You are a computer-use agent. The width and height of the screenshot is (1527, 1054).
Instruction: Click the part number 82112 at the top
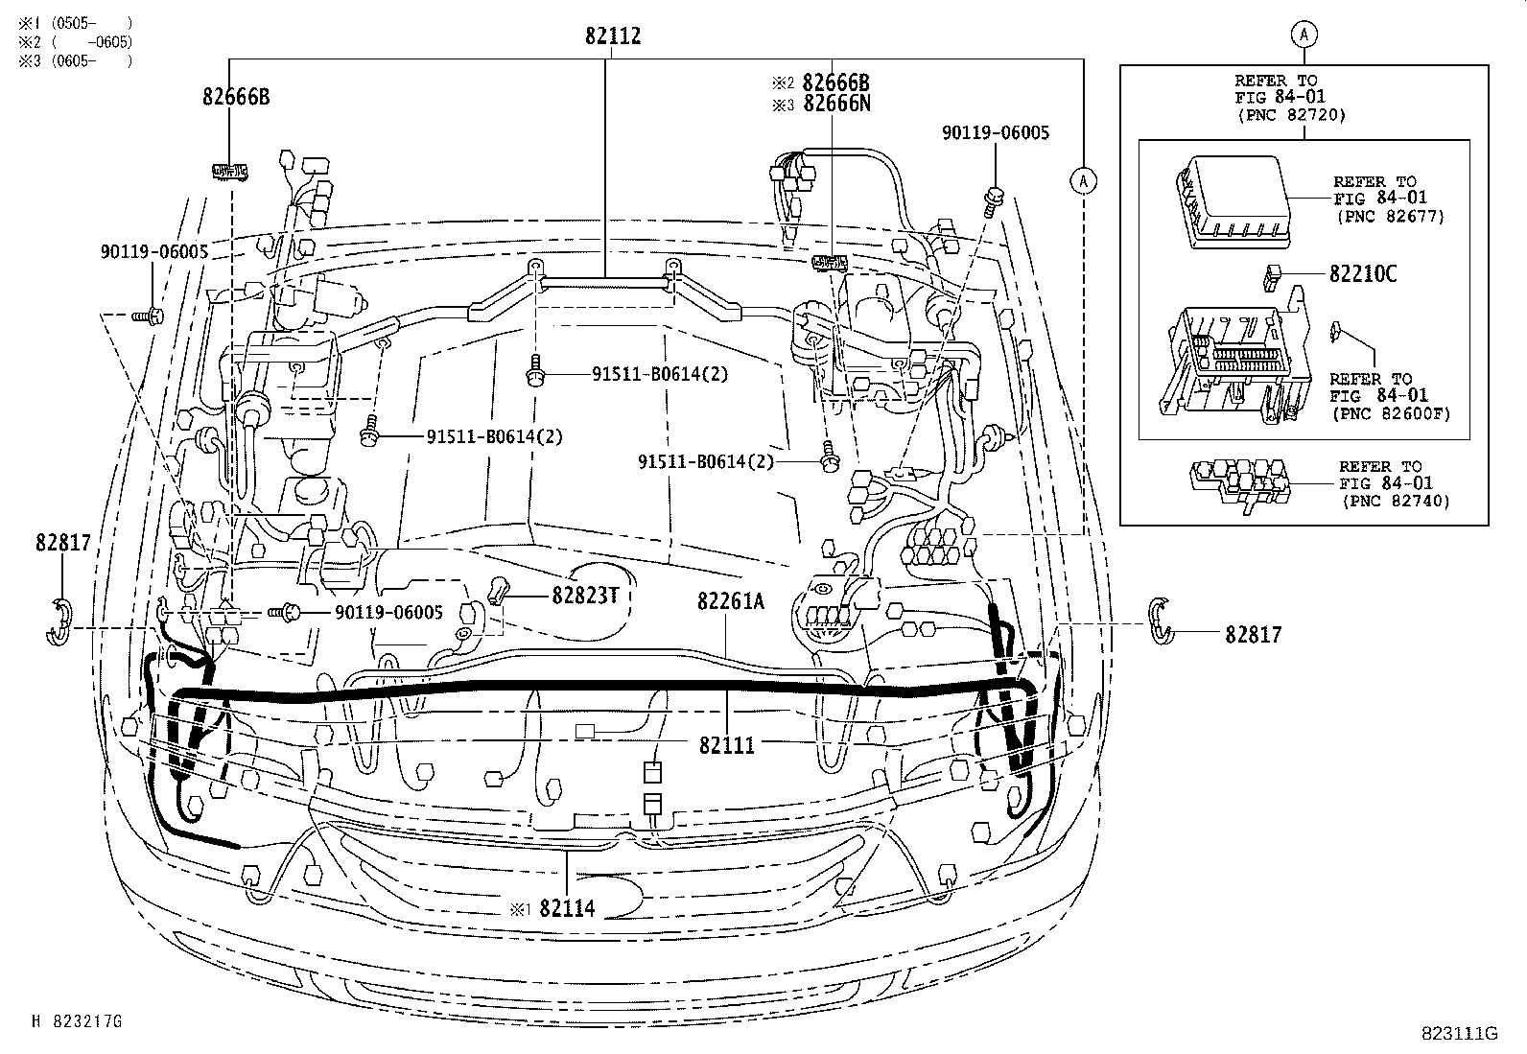click(x=612, y=36)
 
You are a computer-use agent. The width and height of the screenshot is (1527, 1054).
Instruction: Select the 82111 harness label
click(x=726, y=744)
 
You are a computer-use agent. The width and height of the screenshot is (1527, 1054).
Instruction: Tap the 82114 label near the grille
click(x=566, y=907)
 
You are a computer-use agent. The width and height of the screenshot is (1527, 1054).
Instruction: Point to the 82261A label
click(x=730, y=600)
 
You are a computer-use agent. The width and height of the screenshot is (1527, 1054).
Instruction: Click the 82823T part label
click(x=584, y=596)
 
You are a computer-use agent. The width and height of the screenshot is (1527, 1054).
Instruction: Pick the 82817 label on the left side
click(x=62, y=543)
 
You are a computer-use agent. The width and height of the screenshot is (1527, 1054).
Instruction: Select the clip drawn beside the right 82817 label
click(x=1160, y=621)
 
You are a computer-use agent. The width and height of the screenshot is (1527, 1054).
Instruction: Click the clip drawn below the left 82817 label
click(x=59, y=621)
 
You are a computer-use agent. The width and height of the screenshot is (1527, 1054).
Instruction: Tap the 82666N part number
click(x=836, y=104)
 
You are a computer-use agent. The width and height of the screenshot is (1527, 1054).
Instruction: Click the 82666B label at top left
click(x=236, y=96)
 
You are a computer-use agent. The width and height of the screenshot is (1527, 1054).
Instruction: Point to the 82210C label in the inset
click(x=1362, y=274)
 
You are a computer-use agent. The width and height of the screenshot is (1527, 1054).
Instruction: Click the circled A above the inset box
click(x=1304, y=34)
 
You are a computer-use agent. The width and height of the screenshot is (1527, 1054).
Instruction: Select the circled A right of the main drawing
click(x=1083, y=179)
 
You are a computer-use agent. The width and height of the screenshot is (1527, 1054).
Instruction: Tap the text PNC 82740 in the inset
click(x=1395, y=501)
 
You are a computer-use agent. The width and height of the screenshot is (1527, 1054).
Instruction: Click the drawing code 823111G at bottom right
click(x=1459, y=1033)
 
